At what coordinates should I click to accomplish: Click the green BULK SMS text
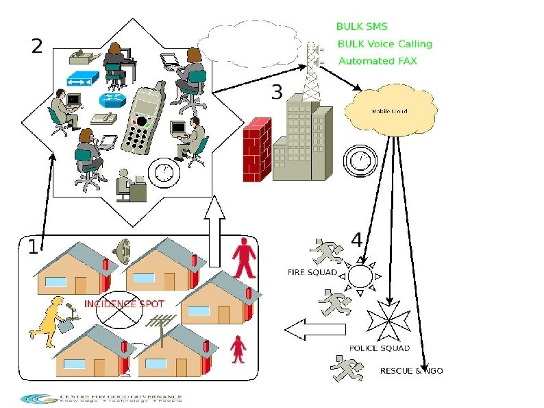point(361,27)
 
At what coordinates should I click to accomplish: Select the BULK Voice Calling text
point(385,44)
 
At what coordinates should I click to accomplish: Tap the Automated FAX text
point(378,61)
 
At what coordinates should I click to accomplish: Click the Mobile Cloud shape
point(390,111)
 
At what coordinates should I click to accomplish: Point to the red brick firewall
point(258,149)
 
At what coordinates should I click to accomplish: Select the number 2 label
point(37,47)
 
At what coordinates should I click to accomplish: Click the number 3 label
point(277,92)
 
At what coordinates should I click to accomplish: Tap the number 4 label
point(356,240)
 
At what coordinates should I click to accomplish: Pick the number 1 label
point(32,248)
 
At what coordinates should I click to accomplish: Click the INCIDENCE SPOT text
point(124,303)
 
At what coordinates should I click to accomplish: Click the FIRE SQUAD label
point(312,272)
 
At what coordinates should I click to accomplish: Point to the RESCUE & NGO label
point(411,371)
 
